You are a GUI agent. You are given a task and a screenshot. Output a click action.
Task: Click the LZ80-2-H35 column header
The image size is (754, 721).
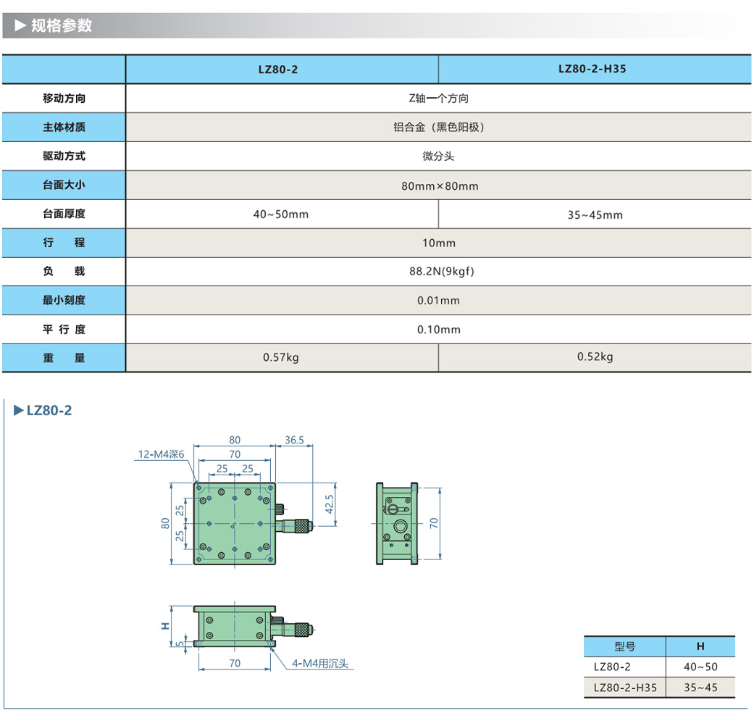592,70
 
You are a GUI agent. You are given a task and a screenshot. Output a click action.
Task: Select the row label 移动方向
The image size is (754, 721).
64,99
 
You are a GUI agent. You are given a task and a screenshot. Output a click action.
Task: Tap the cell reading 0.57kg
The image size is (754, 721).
281,357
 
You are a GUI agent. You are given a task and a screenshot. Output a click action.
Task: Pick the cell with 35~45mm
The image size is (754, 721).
595,214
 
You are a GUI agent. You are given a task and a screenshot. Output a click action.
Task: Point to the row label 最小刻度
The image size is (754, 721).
64,300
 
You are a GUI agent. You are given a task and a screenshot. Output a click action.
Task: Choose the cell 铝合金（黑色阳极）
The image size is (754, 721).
438,128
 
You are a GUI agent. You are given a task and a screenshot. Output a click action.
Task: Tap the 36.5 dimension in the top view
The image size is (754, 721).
294,440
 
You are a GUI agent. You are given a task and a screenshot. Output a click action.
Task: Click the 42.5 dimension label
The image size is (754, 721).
330,504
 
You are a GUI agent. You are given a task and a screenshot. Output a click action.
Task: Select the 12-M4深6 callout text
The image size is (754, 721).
162,454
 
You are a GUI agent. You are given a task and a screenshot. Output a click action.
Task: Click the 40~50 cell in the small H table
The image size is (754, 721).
700,667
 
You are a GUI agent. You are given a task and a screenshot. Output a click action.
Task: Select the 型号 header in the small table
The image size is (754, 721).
624,646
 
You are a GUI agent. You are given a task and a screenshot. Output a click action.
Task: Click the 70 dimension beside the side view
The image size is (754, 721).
434,523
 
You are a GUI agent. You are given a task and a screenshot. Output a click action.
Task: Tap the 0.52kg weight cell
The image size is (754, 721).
595,357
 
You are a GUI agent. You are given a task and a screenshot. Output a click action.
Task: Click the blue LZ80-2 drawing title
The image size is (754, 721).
49,411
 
